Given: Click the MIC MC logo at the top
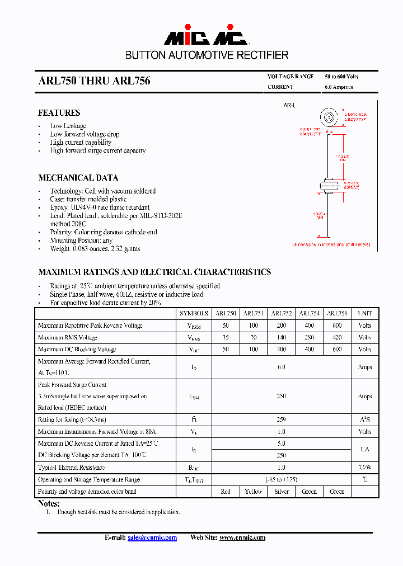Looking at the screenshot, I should coord(206,37).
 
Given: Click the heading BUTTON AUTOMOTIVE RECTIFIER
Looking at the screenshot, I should coord(207,55).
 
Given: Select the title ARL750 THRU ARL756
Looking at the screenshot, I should coord(94,81).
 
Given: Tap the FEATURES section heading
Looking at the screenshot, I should coord(59,113).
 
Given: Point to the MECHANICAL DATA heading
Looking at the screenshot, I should coord(78,178).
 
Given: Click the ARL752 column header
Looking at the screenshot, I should coord(281,313).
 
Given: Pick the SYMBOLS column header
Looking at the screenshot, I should coord(194,313).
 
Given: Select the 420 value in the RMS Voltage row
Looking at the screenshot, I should coord(337,337).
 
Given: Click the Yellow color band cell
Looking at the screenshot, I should coord(253,492).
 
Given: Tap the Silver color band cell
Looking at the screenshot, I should coord(281,492).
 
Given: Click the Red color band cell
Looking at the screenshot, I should coord(226,492).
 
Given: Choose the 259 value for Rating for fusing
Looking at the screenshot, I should coord(281,419).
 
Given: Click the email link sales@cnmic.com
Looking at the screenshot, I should coord(152,537).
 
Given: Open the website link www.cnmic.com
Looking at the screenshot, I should coord(242,537).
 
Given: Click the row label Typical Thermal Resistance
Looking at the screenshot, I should coord(71,468).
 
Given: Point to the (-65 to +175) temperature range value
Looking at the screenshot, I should coord(281,480).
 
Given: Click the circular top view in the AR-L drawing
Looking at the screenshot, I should coord(330,118).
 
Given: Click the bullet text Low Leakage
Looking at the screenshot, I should coord(68,126).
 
